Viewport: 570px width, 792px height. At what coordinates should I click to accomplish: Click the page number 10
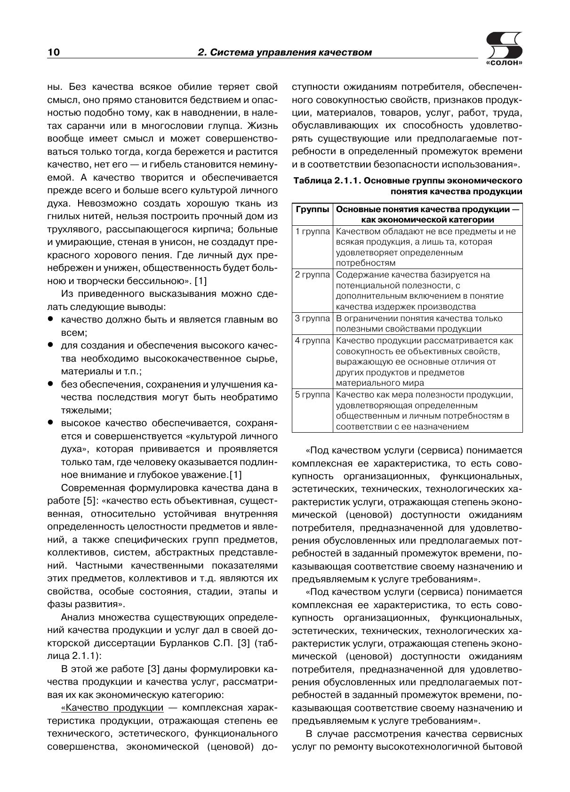(x=54, y=52)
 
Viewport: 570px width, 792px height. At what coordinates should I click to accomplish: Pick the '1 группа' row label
(x=312, y=231)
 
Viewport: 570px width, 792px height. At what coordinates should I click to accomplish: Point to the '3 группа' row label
(x=312, y=318)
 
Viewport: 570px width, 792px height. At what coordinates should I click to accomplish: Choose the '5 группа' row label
(x=312, y=395)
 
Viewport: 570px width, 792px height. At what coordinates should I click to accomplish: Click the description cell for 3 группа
(x=419, y=324)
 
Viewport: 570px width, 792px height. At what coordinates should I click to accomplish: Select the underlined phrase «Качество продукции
(x=112, y=708)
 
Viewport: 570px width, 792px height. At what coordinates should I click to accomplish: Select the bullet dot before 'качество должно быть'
(x=50, y=319)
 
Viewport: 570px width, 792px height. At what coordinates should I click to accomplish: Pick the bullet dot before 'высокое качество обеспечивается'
(x=50, y=422)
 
